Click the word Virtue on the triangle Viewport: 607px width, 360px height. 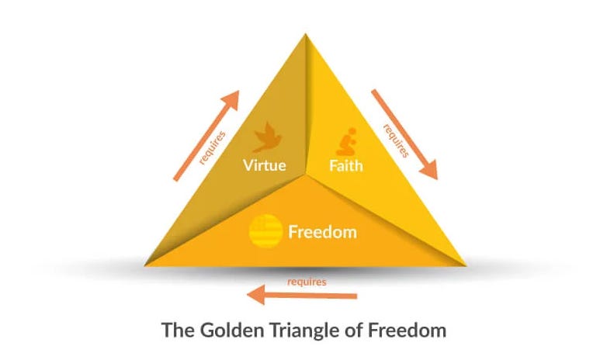pyautogui.click(x=265, y=165)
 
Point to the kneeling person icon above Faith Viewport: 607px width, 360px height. pyautogui.click(x=344, y=140)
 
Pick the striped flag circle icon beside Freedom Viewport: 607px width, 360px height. pyautogui.click(x=265, y=230)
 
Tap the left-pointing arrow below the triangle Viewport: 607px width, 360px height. pyautogui.click(x=302, y=295)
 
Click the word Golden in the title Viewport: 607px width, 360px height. pyautogui.click(x=225, y=330)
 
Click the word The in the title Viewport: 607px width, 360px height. pyautogui.click(x=175, y=330)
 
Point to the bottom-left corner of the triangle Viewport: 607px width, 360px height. pyautogui.click(x=146, y=265)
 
